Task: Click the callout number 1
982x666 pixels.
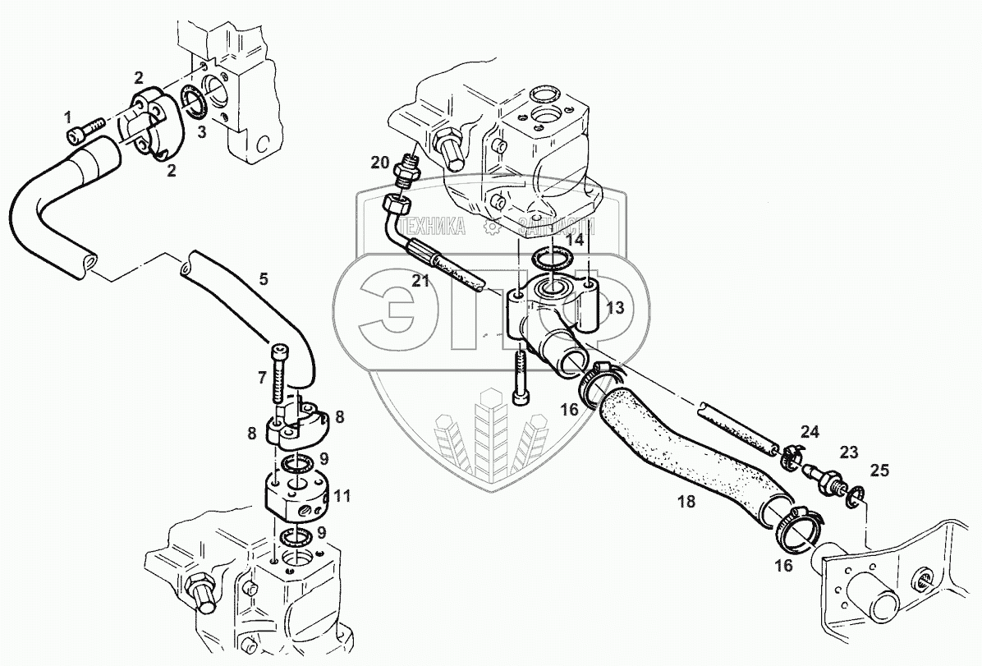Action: coord(68,118)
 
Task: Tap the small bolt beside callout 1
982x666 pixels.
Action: coord(88,125)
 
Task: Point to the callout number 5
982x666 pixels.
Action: coord(264,279)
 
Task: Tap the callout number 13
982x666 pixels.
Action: coord(615,309)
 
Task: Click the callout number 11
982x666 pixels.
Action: coord(342,495)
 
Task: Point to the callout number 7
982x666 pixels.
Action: coord(262,377)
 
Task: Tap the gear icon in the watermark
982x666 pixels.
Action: coord(491,227)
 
